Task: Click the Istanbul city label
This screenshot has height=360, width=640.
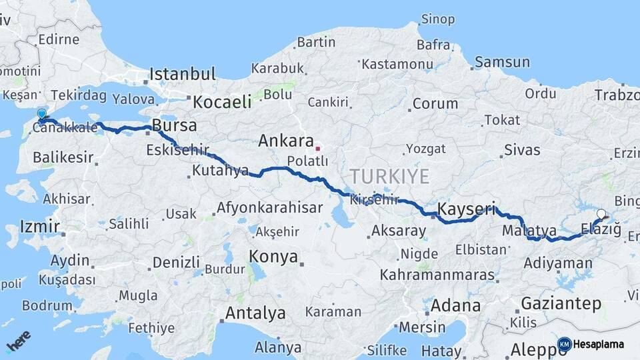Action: (x=182, y=73)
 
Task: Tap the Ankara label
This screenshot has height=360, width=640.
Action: (x=285, y=141)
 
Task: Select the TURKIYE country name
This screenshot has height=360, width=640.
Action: (x=390, y=176)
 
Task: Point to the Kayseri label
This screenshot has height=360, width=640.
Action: (x=467, y=210)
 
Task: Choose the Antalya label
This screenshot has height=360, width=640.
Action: (x=255, y=313)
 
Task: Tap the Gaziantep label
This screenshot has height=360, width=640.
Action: (x=561, y=303)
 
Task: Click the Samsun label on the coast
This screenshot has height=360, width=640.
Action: (x=503, y=62)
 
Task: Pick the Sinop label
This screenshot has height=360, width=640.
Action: (x=437, y=19)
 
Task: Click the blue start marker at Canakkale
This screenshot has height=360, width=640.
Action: (x=42, y=115)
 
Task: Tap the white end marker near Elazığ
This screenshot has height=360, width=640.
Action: (x=601, y=214)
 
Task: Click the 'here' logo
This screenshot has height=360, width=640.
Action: (x=19, y=341)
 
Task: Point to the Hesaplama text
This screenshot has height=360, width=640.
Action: (x=599, y=344)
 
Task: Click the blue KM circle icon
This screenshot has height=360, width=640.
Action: (x=564, y=344)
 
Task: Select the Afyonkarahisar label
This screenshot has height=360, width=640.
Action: (x=269, y=207)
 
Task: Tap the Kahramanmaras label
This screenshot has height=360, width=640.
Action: (x=437, y=275)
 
